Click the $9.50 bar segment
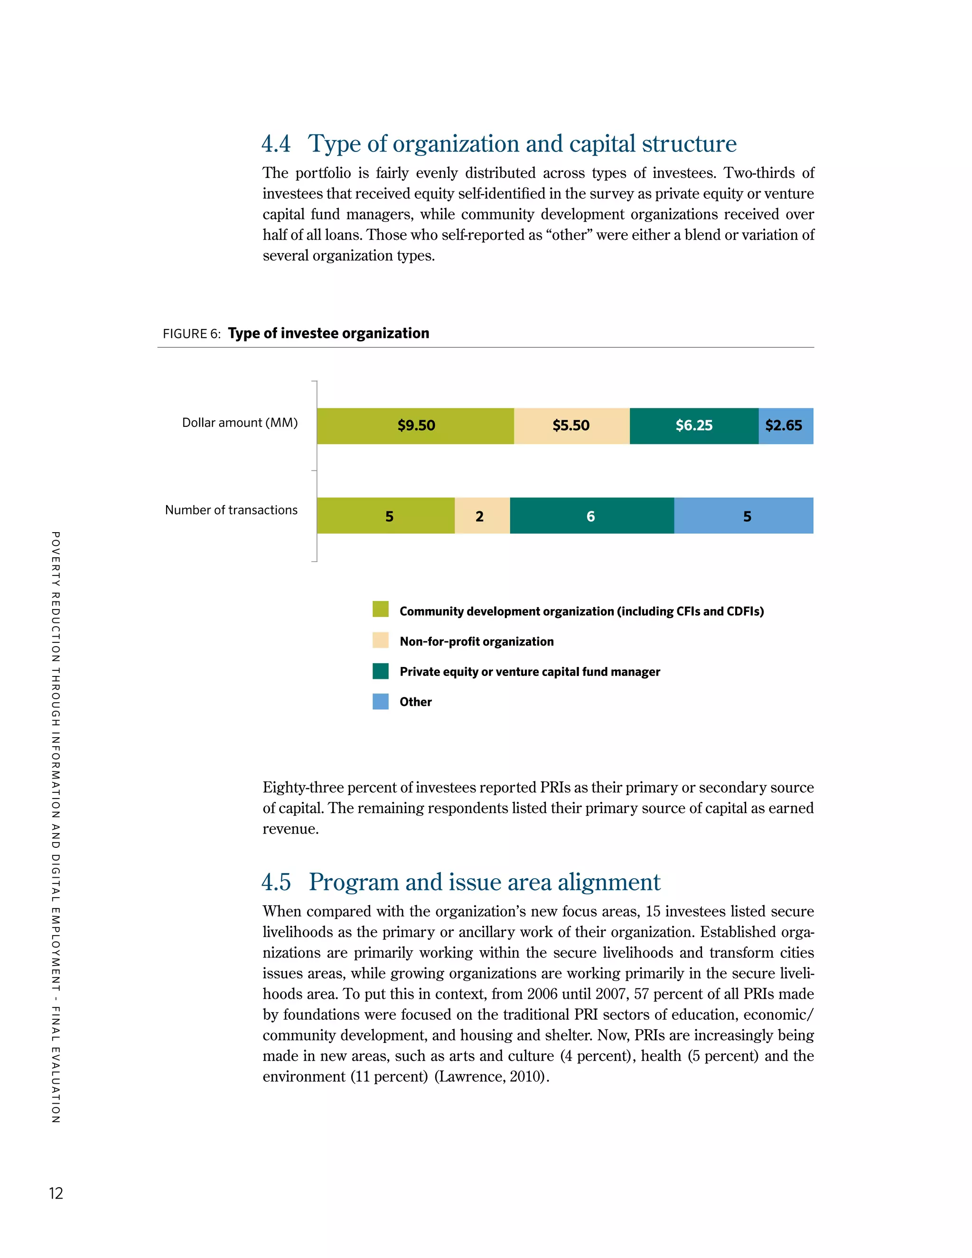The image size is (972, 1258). [x=415, y=426]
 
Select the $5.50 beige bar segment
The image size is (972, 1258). [x=571, y=426]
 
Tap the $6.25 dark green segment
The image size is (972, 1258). [x=694, y=426]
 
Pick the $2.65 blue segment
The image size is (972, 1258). [x=785, y=426]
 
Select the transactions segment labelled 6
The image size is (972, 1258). [x=591, y=516]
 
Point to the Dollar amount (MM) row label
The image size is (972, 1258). [x=240, y=423]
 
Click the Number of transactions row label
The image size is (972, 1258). [x=231, y=510]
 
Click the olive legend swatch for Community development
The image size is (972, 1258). [x=380, y=610]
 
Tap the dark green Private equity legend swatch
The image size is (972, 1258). [x=380, y=671]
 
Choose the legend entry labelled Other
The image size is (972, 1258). [x=415, y=702]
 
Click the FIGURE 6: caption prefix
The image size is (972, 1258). [x=191, y=334]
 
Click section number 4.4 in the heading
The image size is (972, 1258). [x=276, y=144]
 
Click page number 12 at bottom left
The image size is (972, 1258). [x=56, y=1193]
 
